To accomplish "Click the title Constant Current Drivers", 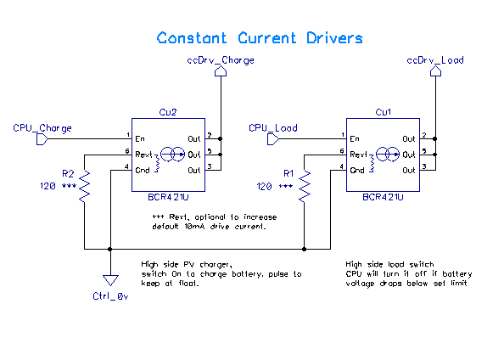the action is click(x=260, y=38).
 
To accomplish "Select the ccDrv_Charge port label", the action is click(x=221, y=60).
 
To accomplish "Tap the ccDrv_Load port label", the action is click(x=435, y=60).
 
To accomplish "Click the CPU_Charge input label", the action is click(x=42, y=128).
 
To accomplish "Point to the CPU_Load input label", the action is click(x=273, y=128).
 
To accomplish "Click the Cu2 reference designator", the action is click(x=168, y=112).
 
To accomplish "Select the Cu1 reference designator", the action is click(x=384, y=112).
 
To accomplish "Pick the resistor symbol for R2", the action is click(x=85, y=187).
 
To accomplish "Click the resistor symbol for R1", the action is click(x=305, y=187).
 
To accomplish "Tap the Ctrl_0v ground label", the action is click(x=110, y=296).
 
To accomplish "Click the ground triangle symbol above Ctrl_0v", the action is click(x=110, y=280).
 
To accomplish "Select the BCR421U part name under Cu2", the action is click(x=168, y=197).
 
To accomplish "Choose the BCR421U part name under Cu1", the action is click(x=383, y=197).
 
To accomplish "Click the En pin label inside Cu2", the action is click(x=140, y=139).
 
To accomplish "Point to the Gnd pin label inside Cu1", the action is click(x=357, y=170).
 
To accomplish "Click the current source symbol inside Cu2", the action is click(x=172, y=155).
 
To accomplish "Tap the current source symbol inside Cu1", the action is click(x=388, y=155).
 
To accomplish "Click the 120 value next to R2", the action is click(x=48, y=186).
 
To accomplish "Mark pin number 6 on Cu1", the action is click(x=342, y=151).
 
